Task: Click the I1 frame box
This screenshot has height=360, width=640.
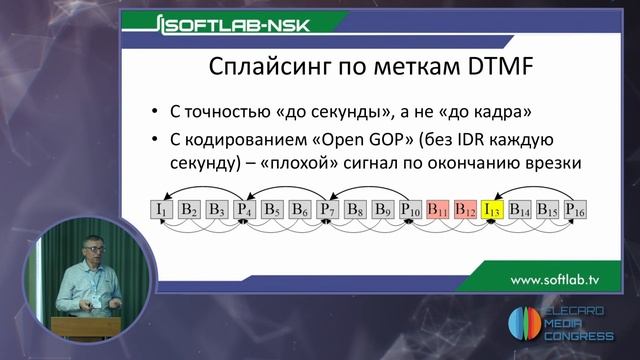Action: [x=161, y=210]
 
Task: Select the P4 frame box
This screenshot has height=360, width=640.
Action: [x=244, y=210]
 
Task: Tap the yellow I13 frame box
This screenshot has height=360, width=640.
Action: [x=491, y=210]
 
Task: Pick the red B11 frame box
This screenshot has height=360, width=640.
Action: [x=436, y=210]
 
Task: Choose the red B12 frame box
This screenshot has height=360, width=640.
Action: [x=464, y=210]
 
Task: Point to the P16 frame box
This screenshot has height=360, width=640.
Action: [x=574, y=210]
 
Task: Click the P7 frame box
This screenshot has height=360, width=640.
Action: [x=327, y=210]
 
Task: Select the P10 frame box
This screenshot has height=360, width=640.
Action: [x=409, y=210]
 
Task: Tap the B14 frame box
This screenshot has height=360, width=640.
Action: [x=519, y=210]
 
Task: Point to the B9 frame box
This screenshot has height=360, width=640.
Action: [x=381, y=210]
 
